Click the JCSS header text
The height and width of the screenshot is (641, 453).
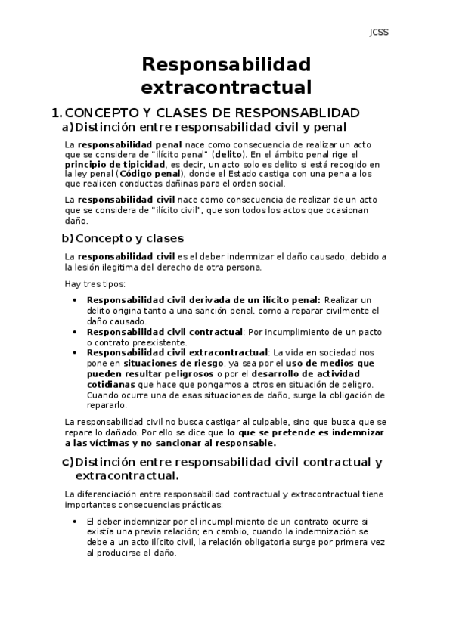pos(378,33)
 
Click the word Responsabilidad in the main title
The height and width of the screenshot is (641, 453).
pos(226,64)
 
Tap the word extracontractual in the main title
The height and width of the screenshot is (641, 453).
pos(226,87)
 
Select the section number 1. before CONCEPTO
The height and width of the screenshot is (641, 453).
pos(55,113)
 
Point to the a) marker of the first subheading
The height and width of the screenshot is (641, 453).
pos(67,127)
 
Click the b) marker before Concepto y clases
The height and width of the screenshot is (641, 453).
pos(67,238)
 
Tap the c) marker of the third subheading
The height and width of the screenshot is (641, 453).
pos(67,462)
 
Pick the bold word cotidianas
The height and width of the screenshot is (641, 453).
pos(114,384)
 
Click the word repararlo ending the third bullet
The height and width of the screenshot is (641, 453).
pos(108,404)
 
